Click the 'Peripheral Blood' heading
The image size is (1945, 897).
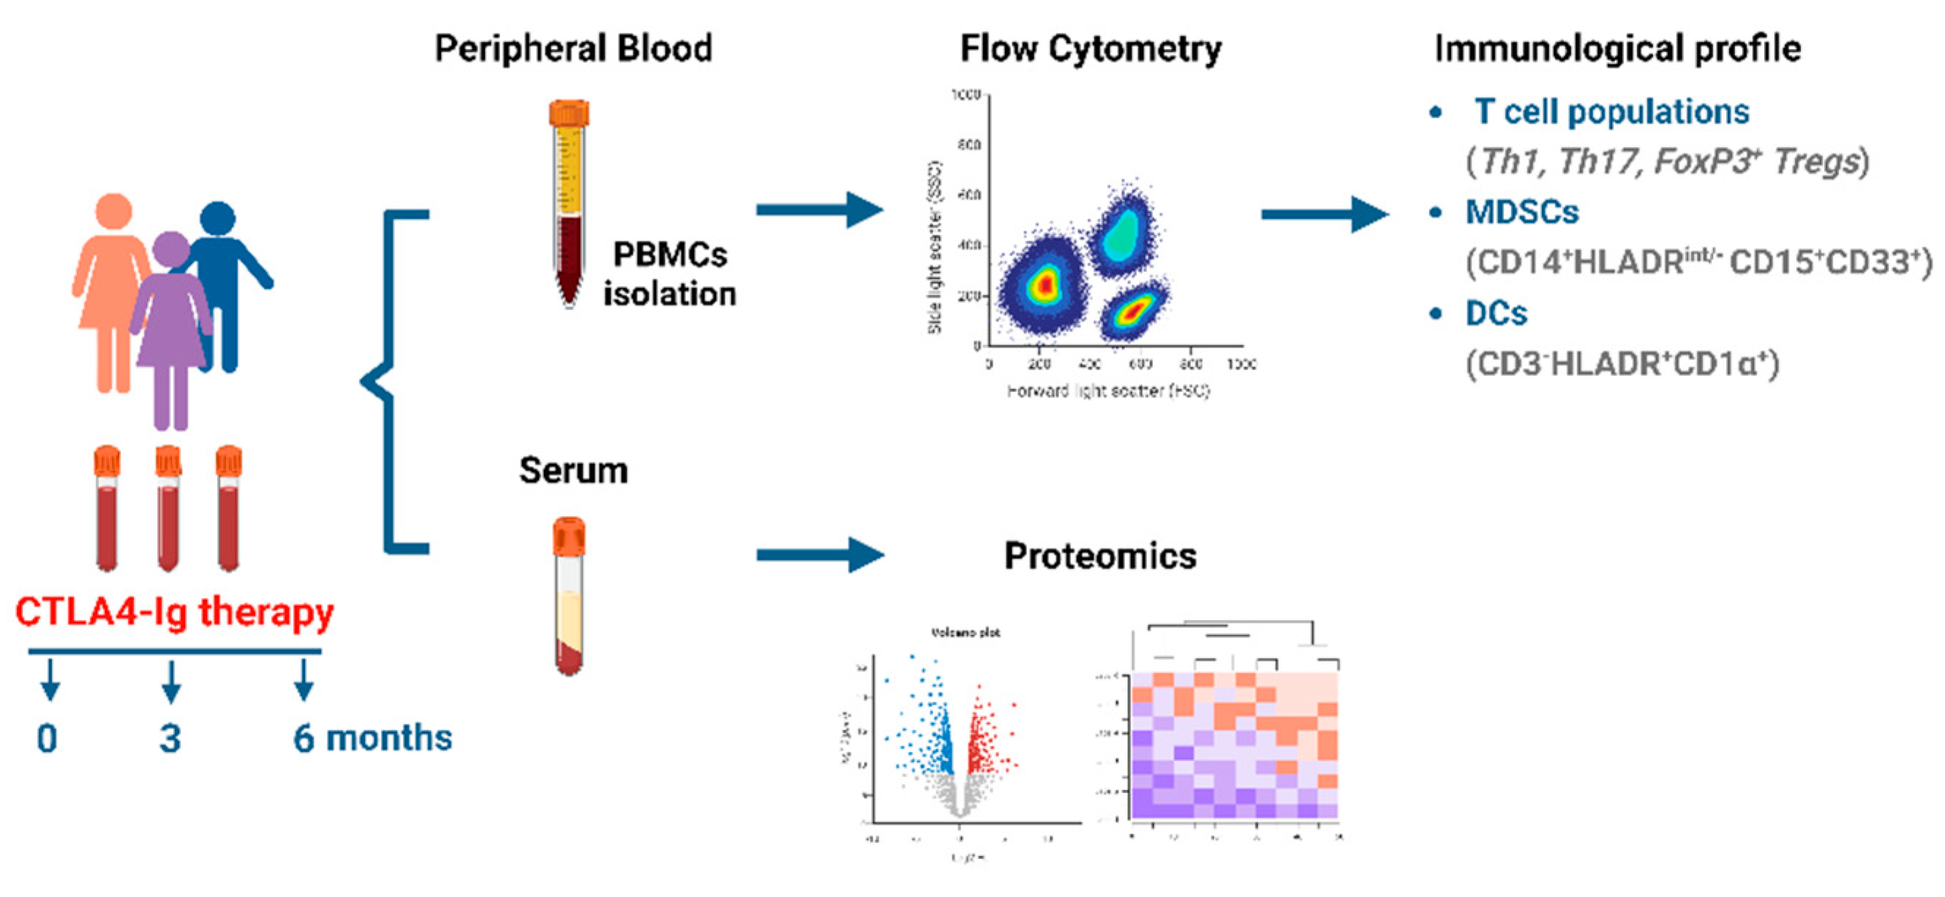[x=573, y=48]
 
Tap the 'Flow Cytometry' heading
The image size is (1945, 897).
[x=1091, y=48]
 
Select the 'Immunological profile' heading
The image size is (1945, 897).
[x=1617, y=48]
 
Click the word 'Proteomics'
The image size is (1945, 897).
[x=1100, y=556]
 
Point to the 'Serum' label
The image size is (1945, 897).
[x=573, y=470]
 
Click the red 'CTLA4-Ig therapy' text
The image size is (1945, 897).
[x=174, y=612]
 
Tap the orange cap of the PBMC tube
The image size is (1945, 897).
[x=568, y=113]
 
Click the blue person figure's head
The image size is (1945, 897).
[x=217, y=219]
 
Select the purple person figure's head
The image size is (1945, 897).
[x=170, y=249]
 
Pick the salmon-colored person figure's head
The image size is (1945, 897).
[x=113, y=212]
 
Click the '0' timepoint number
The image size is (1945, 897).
[x=47, y=738]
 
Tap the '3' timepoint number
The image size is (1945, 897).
[x=170, y=738]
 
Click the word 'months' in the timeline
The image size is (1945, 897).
[x=389, y=738]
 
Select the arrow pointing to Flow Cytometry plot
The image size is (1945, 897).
[x=819, y=210]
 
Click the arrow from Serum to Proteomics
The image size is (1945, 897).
[x=819, y=555]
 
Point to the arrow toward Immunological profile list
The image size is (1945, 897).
[x=1323, y=214]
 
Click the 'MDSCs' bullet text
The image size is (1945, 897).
[x=1521, y=212]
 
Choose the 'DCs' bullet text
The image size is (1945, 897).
[x=1496, y=313]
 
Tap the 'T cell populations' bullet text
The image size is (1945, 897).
[x=1611, y=112]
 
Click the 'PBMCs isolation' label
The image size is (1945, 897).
[x=669, y=274]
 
